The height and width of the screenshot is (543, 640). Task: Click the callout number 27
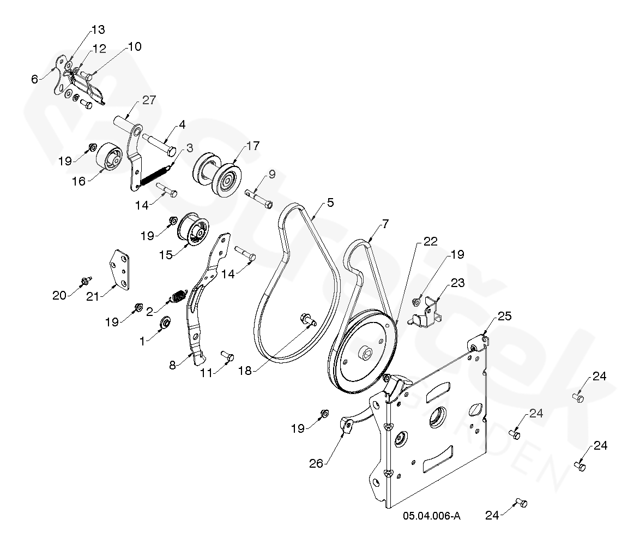point(149,100)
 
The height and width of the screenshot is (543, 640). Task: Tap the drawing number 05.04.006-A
point(432,516)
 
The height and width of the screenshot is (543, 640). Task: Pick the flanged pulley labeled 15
point(193,229)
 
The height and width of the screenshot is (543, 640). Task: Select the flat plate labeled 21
point(122,268)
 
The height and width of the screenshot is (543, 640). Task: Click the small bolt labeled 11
point(227,356)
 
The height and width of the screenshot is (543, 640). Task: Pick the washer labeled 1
point(164,323)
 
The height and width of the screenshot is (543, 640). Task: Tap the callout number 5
point(330,202)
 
